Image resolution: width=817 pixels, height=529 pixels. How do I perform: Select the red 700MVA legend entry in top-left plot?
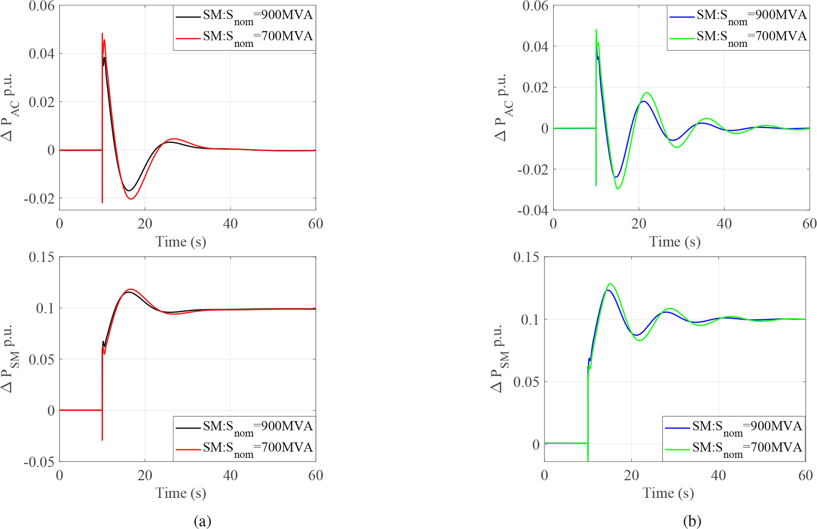coord(244,37)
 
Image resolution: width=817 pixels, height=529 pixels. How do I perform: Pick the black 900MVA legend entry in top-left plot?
coord(244,16)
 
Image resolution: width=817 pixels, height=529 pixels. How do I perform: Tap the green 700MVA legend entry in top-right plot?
coord(738,37)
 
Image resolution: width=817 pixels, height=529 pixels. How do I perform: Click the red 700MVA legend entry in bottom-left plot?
coord(244,448)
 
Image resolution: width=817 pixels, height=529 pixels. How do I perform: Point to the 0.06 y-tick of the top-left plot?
coord(41,6)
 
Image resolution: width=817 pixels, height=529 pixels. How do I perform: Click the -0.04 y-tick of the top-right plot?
coord(533,210)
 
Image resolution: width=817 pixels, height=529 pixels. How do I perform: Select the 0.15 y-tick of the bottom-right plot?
coord(526,257)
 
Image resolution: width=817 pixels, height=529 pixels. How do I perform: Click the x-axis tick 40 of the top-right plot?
coord(724,224)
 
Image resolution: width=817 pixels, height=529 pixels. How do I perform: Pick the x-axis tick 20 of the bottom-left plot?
coord(145,475)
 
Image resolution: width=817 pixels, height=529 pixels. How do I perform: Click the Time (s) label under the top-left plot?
coord(181,241)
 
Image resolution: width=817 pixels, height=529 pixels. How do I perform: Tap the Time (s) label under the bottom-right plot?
coord(668,493)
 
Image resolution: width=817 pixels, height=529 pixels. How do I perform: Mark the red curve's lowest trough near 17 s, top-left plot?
coord(131,199)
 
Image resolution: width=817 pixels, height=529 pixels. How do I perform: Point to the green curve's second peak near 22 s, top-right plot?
coord(647,93)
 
